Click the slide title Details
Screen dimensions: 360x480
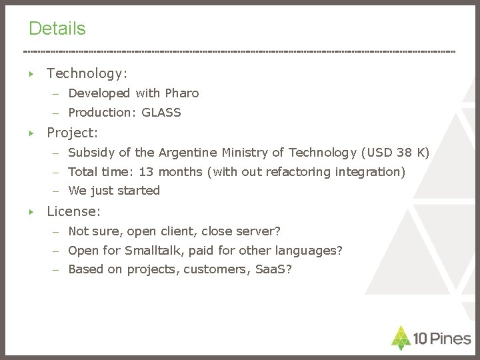57,29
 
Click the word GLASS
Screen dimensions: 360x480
161,113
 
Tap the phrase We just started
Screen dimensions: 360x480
114,191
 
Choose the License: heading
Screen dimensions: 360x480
73,212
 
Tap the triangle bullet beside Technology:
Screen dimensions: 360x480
31,73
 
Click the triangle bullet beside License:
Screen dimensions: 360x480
31,212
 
